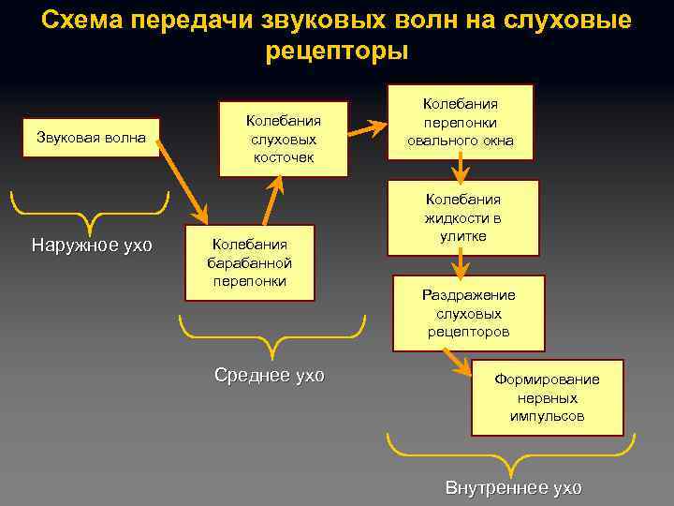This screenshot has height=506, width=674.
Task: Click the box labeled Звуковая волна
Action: (x=91, y=139)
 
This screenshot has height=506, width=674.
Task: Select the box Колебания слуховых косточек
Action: (x=283, y=139)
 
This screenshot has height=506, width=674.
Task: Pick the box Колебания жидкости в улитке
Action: (x=463, y=217)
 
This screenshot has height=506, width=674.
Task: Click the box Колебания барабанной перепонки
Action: (x=249, y=262)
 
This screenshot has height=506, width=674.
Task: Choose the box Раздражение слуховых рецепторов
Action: (x=468, y=313)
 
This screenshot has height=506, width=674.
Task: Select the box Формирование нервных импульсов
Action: (x=547, y=397)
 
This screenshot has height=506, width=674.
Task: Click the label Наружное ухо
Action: (x=92, y=246)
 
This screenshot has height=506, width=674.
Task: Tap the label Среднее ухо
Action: (x=270, y=376)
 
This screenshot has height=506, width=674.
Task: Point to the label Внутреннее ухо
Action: (x=513, y=488)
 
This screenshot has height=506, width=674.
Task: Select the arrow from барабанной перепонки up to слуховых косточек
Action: (x=272, y=201)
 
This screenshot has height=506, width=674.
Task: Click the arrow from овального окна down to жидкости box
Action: (x=460, y=169)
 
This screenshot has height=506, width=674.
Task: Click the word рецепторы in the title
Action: (x=337, y=49)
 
